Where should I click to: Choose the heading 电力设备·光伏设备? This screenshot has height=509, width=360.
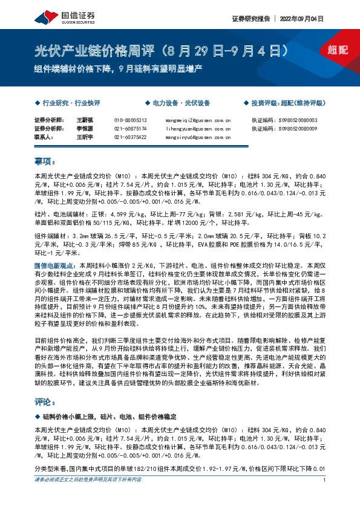(x=180, y=103)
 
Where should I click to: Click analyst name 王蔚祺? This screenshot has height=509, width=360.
(x=85, y=121)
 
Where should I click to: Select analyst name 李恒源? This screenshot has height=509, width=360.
(x=85, y=129)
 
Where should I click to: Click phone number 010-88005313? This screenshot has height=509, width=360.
(x=130, y=121)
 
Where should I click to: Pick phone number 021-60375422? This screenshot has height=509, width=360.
(x=130, y=137)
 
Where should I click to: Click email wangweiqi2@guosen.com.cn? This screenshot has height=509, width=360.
(x=198, y=121)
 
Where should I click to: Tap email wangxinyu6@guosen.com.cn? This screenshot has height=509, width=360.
(x=198, y=137)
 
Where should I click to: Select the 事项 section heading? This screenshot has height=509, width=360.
(x=44, y=161)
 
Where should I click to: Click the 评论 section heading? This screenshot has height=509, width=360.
(x=44, y=401)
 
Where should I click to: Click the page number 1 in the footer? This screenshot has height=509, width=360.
(x=325, y=497)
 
